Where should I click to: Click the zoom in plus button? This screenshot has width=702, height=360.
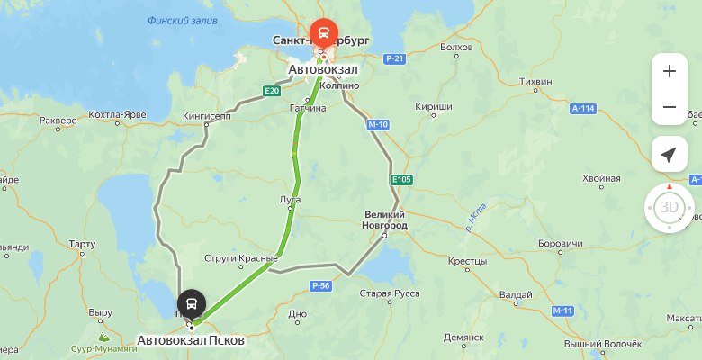tap(669, 71)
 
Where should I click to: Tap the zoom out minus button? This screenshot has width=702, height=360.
tap(669, 107)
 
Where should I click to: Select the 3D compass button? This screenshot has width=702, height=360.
tap(669, 208)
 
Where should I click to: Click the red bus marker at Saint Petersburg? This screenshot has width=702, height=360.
tap(323, 34)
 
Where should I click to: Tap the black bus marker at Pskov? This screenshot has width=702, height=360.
tap(192, 303)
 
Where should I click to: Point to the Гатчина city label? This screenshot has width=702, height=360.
tap(307, 108)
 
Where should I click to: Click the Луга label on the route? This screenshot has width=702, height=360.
tap(291, 200)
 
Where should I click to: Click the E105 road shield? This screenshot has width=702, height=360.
tap(401, 180)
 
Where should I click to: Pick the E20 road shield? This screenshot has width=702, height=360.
tap(273, 90)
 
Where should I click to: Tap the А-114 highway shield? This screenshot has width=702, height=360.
tap(583, 108)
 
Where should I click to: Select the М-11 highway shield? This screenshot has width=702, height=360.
tap(563, 310)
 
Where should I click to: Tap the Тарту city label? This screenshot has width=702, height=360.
tap(81, 244)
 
